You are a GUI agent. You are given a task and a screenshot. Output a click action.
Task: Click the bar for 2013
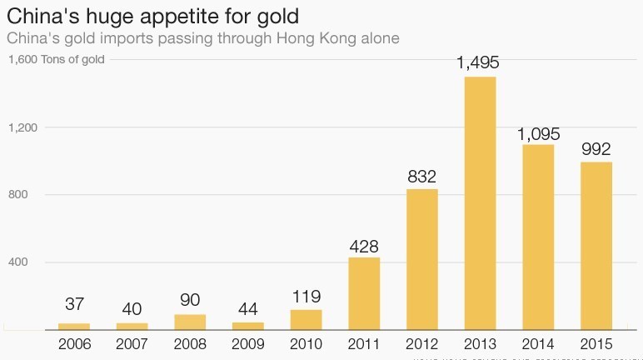point(481,202)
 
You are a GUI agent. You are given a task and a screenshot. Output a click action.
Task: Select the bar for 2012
point(422,259)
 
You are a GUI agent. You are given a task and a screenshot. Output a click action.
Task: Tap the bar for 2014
point(538,237)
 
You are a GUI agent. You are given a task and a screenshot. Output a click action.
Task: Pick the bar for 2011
point(364,293)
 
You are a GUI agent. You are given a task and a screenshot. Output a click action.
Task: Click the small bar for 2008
point(190,322)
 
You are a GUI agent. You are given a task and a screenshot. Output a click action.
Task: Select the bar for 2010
point(306,319)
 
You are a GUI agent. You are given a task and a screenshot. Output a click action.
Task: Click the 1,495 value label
point(481,63)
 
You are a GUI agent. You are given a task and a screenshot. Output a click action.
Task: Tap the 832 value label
point(422,177)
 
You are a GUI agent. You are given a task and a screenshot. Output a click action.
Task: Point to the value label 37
point(74,304)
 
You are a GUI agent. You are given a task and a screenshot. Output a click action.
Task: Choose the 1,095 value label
point(538,133)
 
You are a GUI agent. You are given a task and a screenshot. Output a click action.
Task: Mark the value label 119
point(306,297)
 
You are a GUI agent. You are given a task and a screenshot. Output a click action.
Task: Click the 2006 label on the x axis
point(74,342)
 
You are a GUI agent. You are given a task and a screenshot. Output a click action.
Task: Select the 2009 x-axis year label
point(248,342)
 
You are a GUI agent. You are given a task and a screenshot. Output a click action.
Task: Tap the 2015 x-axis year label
point(596,342)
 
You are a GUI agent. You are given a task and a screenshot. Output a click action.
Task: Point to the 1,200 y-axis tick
point(24,127)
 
